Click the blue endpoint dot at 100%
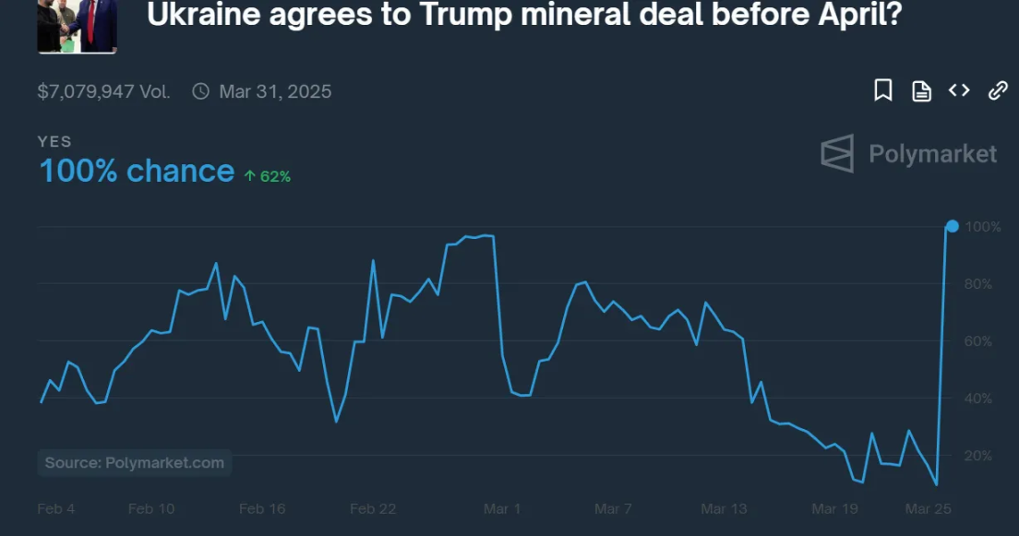(952, 226)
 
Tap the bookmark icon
(883, 90)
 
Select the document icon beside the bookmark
(921, 90)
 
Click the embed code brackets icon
(959, 90)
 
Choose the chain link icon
(998, 90)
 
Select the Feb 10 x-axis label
(151, 508)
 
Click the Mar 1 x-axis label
(502, 508)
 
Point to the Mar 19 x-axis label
(834, 508)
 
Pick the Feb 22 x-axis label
(373, 508)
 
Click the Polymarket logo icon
(837, 153)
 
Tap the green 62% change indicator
(268, 176)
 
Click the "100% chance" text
(137, 172)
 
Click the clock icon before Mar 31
(200, 91)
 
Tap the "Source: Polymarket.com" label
(135, 463)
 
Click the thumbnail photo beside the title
(77, 25)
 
